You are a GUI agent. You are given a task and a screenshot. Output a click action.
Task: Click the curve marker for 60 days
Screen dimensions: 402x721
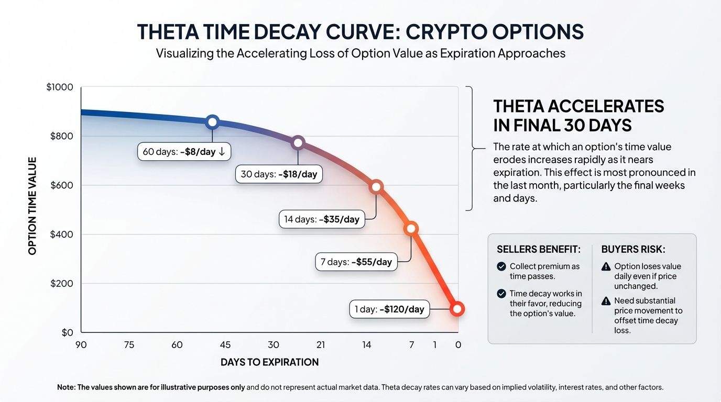click(x=212, y=122)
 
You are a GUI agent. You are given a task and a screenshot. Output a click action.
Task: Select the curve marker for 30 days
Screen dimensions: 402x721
click(x=298, y=142)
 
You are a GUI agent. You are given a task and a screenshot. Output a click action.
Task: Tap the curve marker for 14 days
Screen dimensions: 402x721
click(x=376, y=187)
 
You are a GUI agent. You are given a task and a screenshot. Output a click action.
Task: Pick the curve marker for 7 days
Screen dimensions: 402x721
click(x=411, y=228)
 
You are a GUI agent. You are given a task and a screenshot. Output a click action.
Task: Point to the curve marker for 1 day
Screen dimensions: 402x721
click(x=457, y=309)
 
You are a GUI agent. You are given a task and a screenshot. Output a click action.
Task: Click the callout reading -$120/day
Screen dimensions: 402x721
click(x=389, y=309)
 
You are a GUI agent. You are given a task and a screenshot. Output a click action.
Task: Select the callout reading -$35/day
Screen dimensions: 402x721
click(x=321, y=219)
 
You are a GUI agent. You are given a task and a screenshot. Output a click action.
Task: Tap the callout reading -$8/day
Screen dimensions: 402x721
click(x=184, y=152)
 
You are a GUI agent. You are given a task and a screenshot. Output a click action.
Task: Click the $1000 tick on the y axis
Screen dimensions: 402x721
click(x=60, y=87)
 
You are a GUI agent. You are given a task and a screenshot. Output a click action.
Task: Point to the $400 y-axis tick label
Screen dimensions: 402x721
click(x=61, y=234)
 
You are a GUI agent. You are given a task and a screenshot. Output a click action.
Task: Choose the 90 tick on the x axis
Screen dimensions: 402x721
click(x=81, y=344)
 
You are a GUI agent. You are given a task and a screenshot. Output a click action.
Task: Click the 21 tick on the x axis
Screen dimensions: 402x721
click(x=321, y=344)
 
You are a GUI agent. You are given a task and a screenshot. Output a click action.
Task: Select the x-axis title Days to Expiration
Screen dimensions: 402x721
click(x=269, y=362)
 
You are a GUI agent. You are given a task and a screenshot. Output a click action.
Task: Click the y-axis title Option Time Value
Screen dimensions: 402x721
click(x=32, y=206)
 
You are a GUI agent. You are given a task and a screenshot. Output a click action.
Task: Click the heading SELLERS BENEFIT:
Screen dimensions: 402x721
click(x=538, y=249)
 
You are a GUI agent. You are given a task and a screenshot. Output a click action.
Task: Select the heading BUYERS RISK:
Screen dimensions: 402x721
click(x=633, y=249)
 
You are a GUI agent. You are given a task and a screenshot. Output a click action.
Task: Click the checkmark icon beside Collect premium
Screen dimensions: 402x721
click(x=501, y=266)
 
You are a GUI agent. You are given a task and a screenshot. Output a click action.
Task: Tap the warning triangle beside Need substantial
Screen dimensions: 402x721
click(x=606, y=301)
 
